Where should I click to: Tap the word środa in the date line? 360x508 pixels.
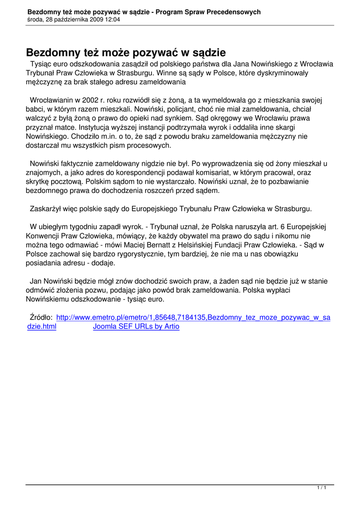pos(36,20)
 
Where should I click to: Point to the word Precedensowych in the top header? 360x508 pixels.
pos(234,12)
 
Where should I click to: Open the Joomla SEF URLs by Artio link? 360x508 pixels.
pos(136,326)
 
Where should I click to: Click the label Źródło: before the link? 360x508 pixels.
pos(41,317)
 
